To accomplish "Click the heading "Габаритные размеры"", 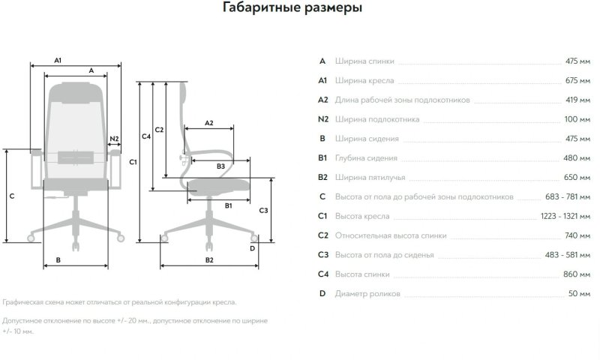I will pyautogui.click(x=292, y=9).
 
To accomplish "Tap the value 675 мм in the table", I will pyautogui.click(x=577, y=80).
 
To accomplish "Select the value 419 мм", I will pyautogui.click(x=577, y=100).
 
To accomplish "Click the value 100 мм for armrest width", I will pyautogui.click(x=577, y=119).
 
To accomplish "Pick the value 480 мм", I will pyautogui.click(x=577, y=158).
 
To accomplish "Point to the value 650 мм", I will pyautogui.click(x=577, y=178).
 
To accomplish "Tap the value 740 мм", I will pyautogui.click(x=577, y=236).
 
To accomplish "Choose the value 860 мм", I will pyautogui.click(x=577, y=274).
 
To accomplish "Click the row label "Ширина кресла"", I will pyautogui.click(x=365, y=80).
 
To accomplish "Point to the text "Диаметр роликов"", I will pyautogui.click(x=368, y=294).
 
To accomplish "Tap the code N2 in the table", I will pyautogui.click(x=323, y=119).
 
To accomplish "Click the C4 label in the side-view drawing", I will pyautogui.click(x=146, y=136).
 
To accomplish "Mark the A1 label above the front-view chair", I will pyautogui.click(x=58, y=59).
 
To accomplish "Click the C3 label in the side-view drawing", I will pyautogui.click(x=263, y=210).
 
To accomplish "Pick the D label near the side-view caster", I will pyautogui.click(x=252, y=247).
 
